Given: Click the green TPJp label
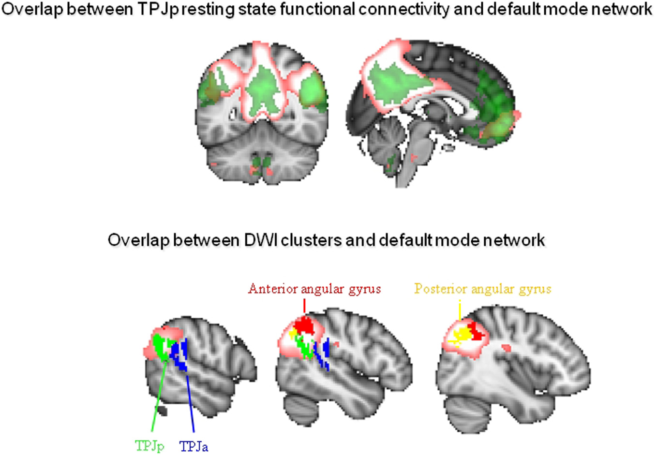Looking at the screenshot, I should coord(149,445).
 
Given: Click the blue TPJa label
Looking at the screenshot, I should coord(194,446).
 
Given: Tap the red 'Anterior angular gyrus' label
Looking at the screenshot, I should coord(314,289).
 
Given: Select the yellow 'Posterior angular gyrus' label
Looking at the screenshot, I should coord(482,289).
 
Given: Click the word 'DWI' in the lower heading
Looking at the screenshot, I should coord(261,240).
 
